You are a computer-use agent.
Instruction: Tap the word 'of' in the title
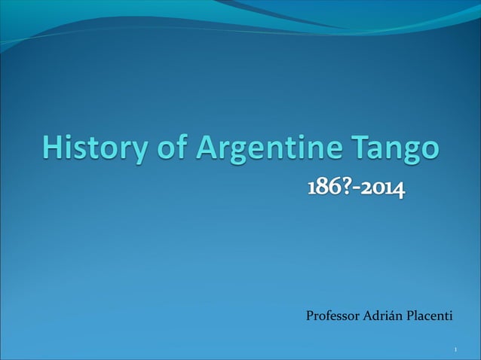coord(172,148)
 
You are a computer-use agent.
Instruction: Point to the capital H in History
coord(52,147)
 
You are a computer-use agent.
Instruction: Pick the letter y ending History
coord(140,151)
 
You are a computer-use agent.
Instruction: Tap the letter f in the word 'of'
coord(181,146)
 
